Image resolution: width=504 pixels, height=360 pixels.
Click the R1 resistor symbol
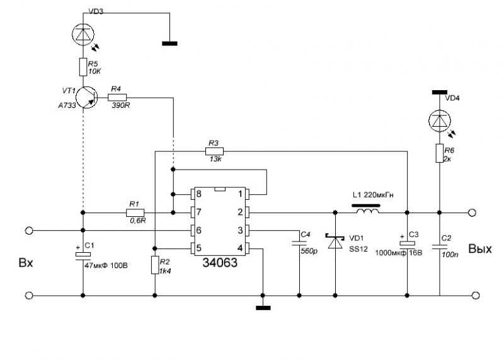[135, 212]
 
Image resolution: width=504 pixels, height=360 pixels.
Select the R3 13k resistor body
[214, 151]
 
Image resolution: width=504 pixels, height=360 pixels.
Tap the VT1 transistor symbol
[87, 97]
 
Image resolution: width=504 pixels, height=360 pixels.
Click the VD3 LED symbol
[83, 34]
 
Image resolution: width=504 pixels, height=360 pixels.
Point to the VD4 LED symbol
[440, 120]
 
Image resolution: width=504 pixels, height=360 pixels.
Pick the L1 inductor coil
[367, 211]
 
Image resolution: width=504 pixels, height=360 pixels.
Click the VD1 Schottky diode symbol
[335, 241]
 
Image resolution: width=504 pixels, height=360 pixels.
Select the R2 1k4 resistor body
[155, 265]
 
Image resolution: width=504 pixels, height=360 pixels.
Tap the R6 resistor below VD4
[440, 153]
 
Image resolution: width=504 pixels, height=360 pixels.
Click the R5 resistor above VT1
[83, 67]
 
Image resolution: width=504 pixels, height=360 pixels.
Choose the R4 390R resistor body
[117, 97]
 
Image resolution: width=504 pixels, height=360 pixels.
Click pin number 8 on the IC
[198, 194]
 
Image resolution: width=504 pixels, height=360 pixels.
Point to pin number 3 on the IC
[240, 230]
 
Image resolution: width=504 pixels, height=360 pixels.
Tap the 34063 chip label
[220, 263]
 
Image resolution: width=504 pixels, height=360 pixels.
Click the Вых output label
[480, 249]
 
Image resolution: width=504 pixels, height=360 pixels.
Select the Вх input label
[26, 263]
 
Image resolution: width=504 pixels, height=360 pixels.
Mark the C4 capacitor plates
[299, 243]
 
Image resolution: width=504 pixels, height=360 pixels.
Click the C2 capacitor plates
[440, 247]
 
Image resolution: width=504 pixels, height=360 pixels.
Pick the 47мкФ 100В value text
[106, 265]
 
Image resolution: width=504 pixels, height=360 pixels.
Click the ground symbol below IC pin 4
[263, 308]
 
